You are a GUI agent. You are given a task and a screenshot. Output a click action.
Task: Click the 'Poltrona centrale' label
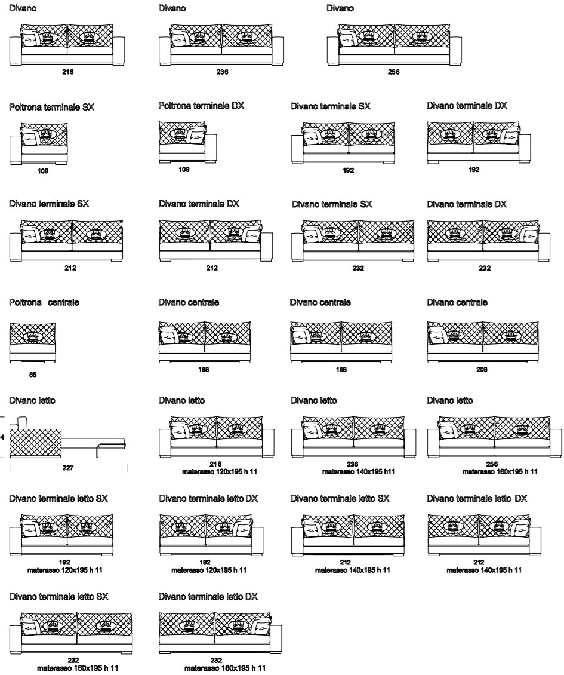45,303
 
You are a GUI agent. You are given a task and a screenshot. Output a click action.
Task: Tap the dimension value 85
33,375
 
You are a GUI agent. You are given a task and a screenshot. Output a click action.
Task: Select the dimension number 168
204,370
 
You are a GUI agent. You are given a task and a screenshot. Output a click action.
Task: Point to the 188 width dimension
341,370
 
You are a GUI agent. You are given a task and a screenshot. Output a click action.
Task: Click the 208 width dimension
482,370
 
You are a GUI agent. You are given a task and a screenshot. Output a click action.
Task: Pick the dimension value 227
69,468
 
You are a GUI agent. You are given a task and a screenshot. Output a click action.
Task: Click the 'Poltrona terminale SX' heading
52,107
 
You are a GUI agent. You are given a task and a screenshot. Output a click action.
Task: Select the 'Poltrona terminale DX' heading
202,106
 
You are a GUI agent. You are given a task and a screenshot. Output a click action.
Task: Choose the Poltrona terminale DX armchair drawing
182,142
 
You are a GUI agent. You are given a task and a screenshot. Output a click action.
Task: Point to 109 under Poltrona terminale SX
43,171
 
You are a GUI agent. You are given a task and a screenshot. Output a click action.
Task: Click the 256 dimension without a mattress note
394,72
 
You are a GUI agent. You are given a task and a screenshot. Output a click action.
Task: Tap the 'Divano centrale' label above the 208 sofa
457,303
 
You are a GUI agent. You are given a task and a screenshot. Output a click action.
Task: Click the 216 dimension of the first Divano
68,72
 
